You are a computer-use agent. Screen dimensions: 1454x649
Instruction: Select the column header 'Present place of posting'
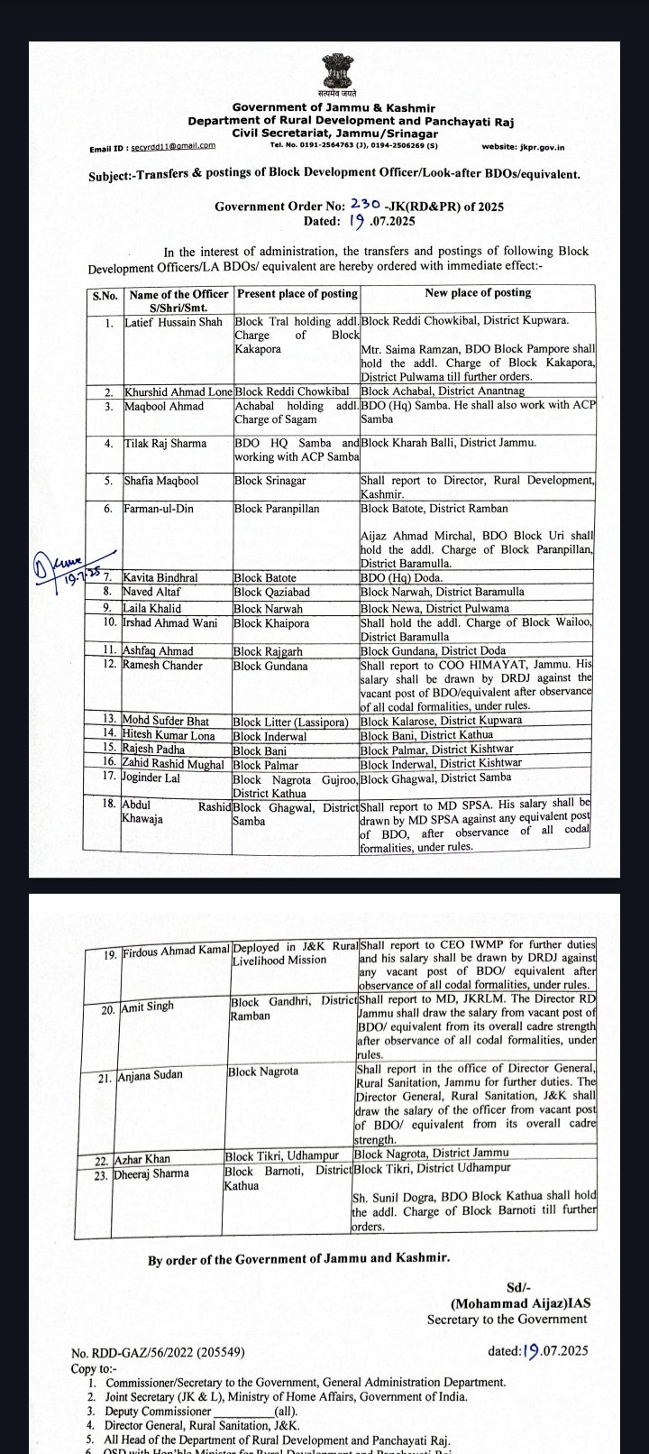click(x=297, y=294)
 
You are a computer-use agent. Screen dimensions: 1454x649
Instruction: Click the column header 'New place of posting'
click(x=478, y=293)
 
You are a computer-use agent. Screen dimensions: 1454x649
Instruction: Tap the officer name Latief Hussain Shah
click(x=173, y=322)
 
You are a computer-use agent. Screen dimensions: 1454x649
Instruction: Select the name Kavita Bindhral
click(x=161, y=577)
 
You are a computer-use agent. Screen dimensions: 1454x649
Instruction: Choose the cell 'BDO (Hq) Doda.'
click(x=398, y=577)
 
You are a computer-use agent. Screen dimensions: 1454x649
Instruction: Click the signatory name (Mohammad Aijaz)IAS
click(x=521, y=1303)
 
